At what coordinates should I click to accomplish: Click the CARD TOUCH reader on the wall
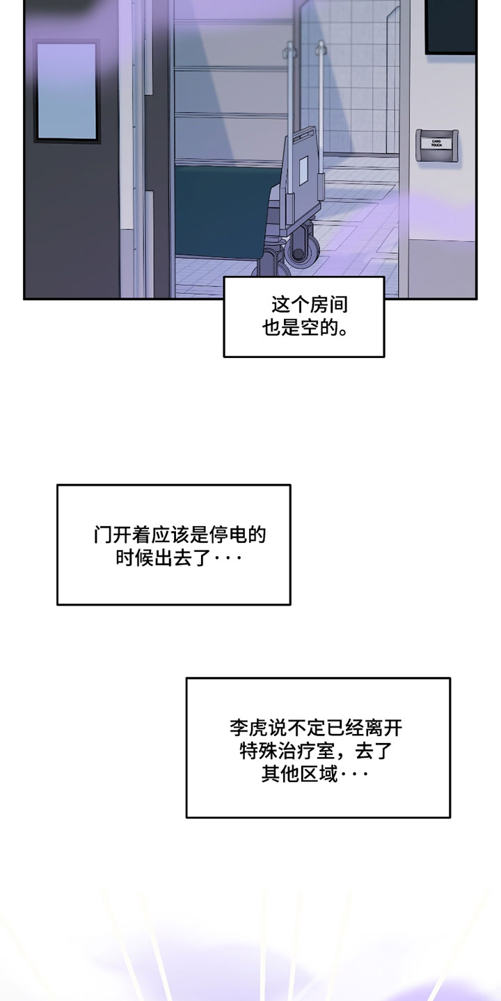coord(436,145)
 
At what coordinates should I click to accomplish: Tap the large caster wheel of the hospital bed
coord(303,251)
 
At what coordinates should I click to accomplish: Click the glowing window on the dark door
coord(67,92)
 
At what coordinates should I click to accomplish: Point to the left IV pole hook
coord(289,49)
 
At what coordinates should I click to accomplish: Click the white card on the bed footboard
coord(303,170)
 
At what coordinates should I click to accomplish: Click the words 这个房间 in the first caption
coord(310,304)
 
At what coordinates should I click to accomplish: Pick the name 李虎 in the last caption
coord(248,728)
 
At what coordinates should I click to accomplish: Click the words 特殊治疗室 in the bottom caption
coord(287,751)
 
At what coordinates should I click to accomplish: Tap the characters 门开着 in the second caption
coord(122,535)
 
